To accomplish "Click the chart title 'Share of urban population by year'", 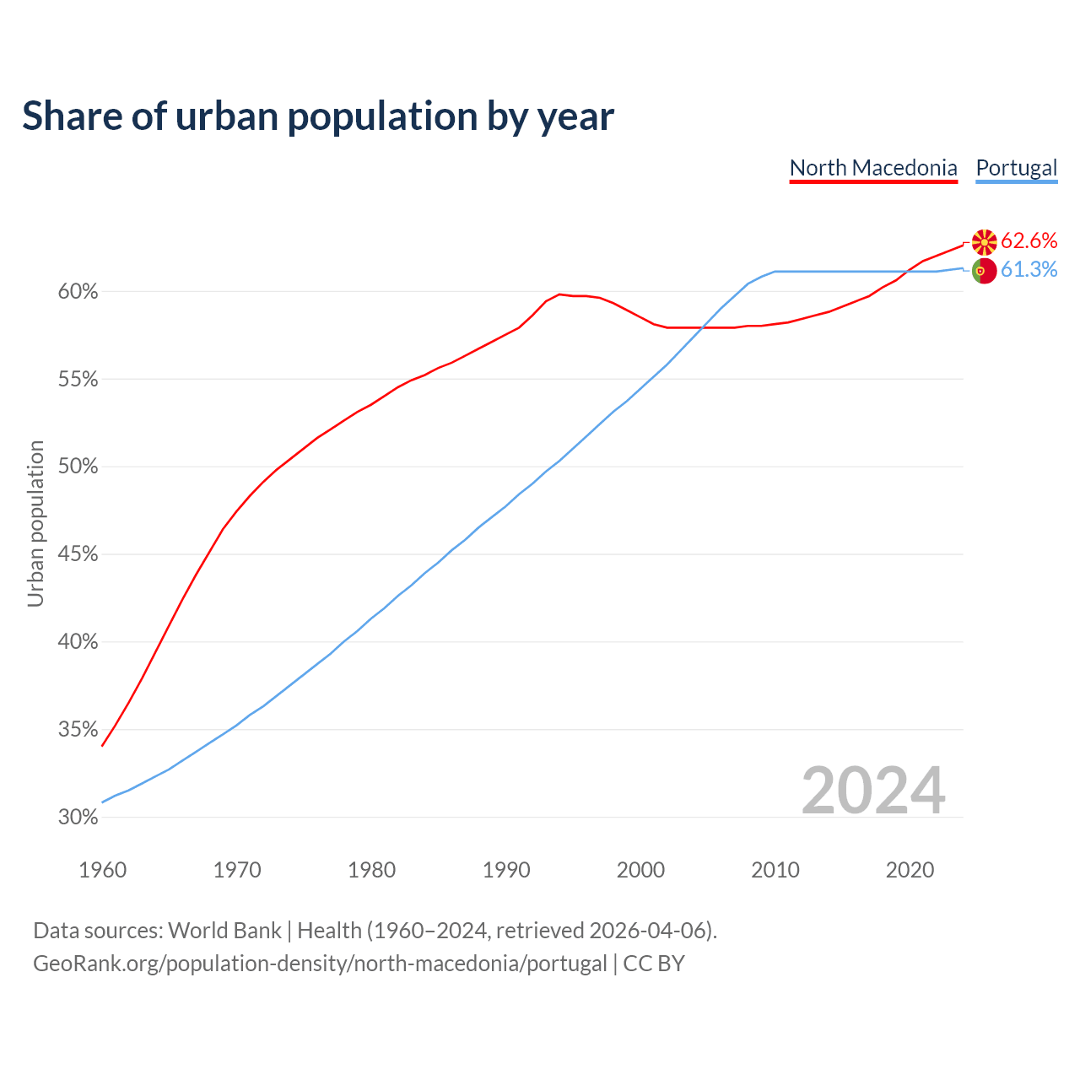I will [318, 116].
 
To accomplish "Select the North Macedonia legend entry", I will [873, 168].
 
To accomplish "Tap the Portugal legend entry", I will [1016, 168].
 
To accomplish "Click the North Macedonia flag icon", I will [984, 242].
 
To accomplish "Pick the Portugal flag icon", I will [984, 271].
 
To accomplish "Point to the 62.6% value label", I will [1029, 241].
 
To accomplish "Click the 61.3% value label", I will [1029, 270].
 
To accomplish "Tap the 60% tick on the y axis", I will [78, 292].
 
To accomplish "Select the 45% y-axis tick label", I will [78, 554].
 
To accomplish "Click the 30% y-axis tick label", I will [78, 817].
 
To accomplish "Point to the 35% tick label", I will [78, 730].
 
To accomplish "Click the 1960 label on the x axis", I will [103, 870].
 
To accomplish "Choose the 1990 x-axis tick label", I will [506, 870].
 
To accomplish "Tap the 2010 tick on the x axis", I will [775, 870].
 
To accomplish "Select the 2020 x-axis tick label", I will [910, 870].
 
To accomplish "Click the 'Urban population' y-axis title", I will [35, 523].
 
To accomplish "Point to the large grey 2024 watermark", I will [873, 791].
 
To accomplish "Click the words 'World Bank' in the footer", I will [224, 931].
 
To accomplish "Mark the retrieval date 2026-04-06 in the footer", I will [647, 931].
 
